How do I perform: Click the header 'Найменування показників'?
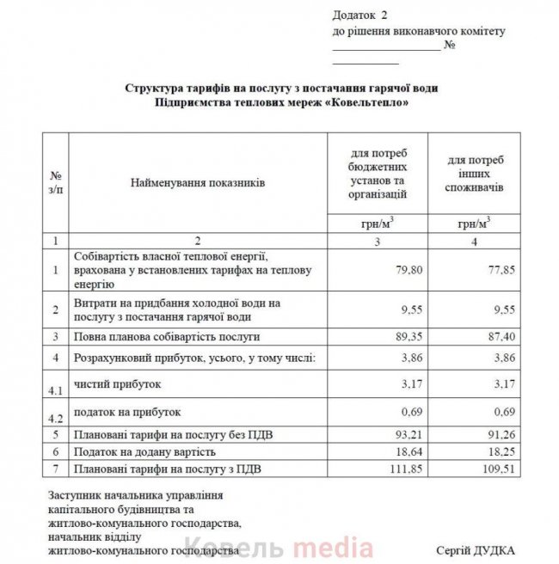tap(198, 183)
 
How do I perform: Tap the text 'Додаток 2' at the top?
tap(360, 16)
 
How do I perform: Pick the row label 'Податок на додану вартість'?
tap(144, 451)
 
